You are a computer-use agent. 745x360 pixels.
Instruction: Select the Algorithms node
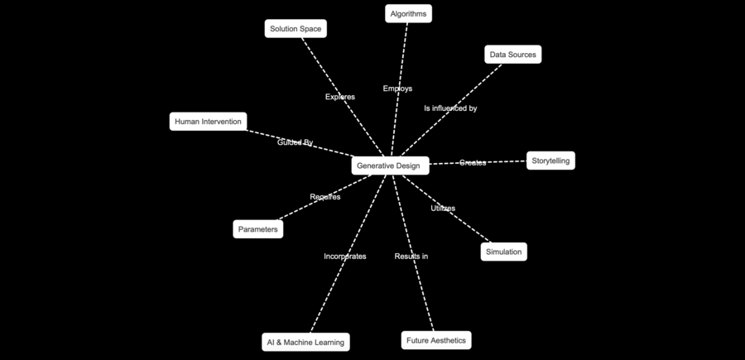coord(408,13)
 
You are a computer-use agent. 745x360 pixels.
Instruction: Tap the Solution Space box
coord(296,29)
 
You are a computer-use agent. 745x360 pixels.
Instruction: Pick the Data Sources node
coord(512,55)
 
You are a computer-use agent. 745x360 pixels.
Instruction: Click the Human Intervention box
coord(208,122)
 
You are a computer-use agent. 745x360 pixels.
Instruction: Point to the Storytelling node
coord(550,161)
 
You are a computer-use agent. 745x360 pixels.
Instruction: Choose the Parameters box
coord(257,229)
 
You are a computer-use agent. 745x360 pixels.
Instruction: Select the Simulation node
coord(503,252)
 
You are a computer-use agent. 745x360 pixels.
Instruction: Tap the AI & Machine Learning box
coord(305,342)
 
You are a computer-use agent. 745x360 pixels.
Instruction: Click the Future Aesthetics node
coord(436,340)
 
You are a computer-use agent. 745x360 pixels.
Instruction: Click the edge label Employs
coord(397,89)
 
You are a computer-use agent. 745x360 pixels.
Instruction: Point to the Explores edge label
coord(340,97)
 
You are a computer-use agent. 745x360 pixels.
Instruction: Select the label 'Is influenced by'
coord(450,108)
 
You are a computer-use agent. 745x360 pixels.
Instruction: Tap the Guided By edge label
coord(295,142)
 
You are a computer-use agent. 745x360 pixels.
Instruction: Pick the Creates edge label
coord(473,163)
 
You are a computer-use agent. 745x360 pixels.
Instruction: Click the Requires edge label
coord(324,197)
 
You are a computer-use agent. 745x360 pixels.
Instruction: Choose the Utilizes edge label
coord(443,209)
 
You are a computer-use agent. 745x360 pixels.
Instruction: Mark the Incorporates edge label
coord(344,257)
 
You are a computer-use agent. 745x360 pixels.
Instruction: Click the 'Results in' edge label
coord(411,257)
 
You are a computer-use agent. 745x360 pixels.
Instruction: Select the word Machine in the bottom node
coord(305,342)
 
